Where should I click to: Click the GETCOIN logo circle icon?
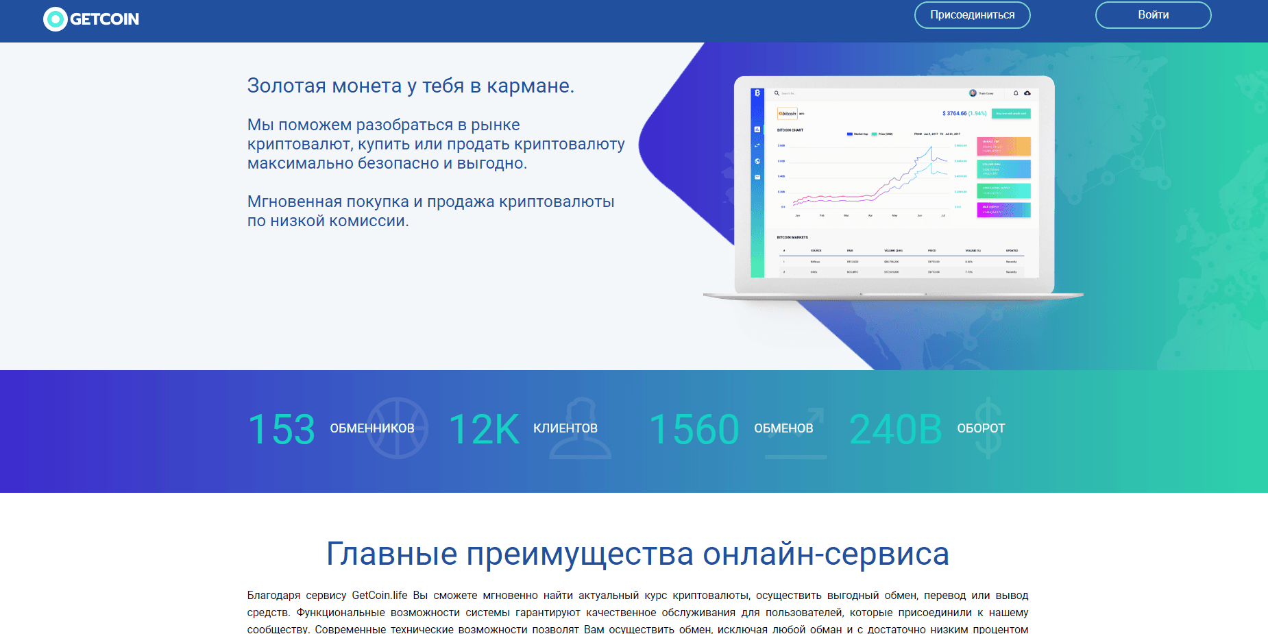55,19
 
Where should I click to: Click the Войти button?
1153,15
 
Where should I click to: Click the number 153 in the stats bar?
281,430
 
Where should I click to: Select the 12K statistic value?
484,430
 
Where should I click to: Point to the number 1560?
694,430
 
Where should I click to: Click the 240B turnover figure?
895,430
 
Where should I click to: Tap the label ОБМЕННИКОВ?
372,428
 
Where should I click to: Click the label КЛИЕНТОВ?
565,428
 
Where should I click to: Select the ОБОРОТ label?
981,428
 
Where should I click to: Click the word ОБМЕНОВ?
783,428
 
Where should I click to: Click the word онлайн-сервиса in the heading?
826,554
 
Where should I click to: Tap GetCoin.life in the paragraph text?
379,595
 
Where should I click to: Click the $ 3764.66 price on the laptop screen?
954,113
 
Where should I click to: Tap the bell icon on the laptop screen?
1016,93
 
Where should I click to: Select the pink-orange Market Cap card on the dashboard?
1003,147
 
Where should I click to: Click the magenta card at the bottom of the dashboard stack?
1003,210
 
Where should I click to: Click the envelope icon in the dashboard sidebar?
757,177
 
